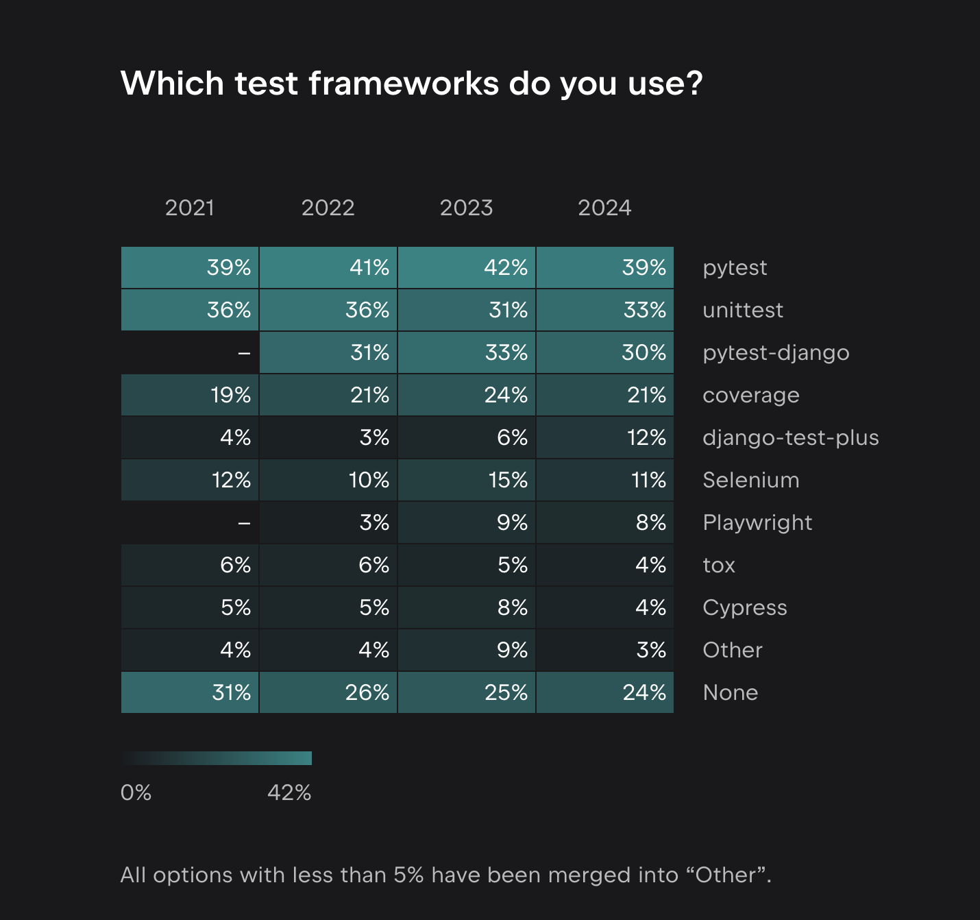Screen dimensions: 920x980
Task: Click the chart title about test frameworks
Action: [411, 84]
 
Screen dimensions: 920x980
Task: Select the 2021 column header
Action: [190, 208]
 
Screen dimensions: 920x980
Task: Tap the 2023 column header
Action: [466, 208]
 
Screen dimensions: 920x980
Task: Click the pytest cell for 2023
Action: [467, 267]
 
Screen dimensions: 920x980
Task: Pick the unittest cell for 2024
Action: [605, 310]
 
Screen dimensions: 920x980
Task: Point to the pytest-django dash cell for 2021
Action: [190, 352]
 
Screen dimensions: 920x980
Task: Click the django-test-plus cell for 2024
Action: [605, 437]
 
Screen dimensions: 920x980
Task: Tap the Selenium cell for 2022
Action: [328, 480]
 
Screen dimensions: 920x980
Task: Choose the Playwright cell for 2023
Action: [467, 522]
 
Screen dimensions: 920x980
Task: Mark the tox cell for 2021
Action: [190, 565]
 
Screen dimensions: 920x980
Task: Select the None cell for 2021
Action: [190, 692]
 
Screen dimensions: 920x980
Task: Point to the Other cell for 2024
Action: [605, 650]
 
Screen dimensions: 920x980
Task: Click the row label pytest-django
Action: [776, 353]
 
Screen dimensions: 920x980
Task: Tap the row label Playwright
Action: [757, 523]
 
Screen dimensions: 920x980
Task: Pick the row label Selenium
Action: [750, 481]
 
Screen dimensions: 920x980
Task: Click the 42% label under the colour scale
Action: [289, 793]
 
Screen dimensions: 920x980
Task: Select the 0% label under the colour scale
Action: [136, 793]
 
